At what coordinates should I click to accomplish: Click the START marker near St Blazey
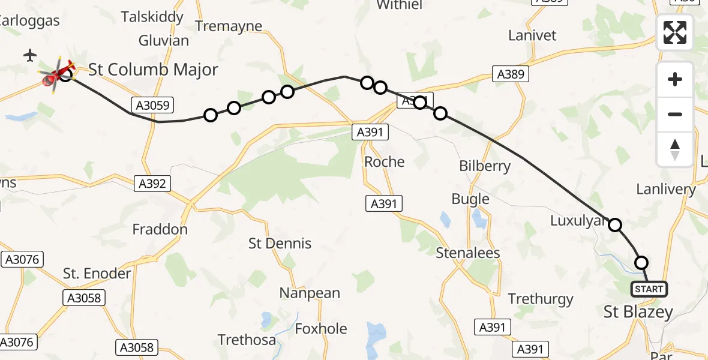click(x=649, y=289)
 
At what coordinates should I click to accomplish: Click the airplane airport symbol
click(x=30, y=56)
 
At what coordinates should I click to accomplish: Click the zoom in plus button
click(x=675, y=80)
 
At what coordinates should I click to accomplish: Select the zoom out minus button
click(x=675, y=114)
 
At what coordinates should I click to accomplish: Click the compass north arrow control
click(x=675, y=149)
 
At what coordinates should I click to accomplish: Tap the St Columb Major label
click(x=153, y=70)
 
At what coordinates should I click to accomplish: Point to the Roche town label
click(x=385, y=161)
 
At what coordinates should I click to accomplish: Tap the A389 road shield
click(x=511, y=74)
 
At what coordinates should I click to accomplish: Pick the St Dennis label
click(x=280, y=243)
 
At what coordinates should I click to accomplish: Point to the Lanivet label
click(x=532, y=35)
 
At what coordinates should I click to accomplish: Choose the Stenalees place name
click(x=468, y=253)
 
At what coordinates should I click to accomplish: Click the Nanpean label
click(x=310, y=293)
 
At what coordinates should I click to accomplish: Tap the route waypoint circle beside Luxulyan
click(x=615, y=225)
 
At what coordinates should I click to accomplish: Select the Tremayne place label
click(x=229, y=26)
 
